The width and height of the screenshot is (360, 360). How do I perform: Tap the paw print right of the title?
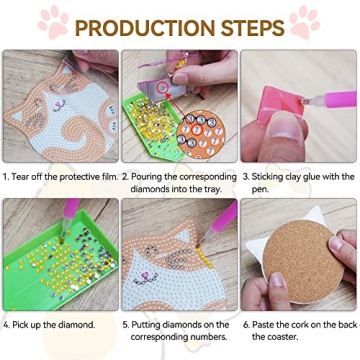pyautogui.click(x=304, y=22)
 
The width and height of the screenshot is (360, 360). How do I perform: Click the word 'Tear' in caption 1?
pyautogui.click(x=25, y=175)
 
